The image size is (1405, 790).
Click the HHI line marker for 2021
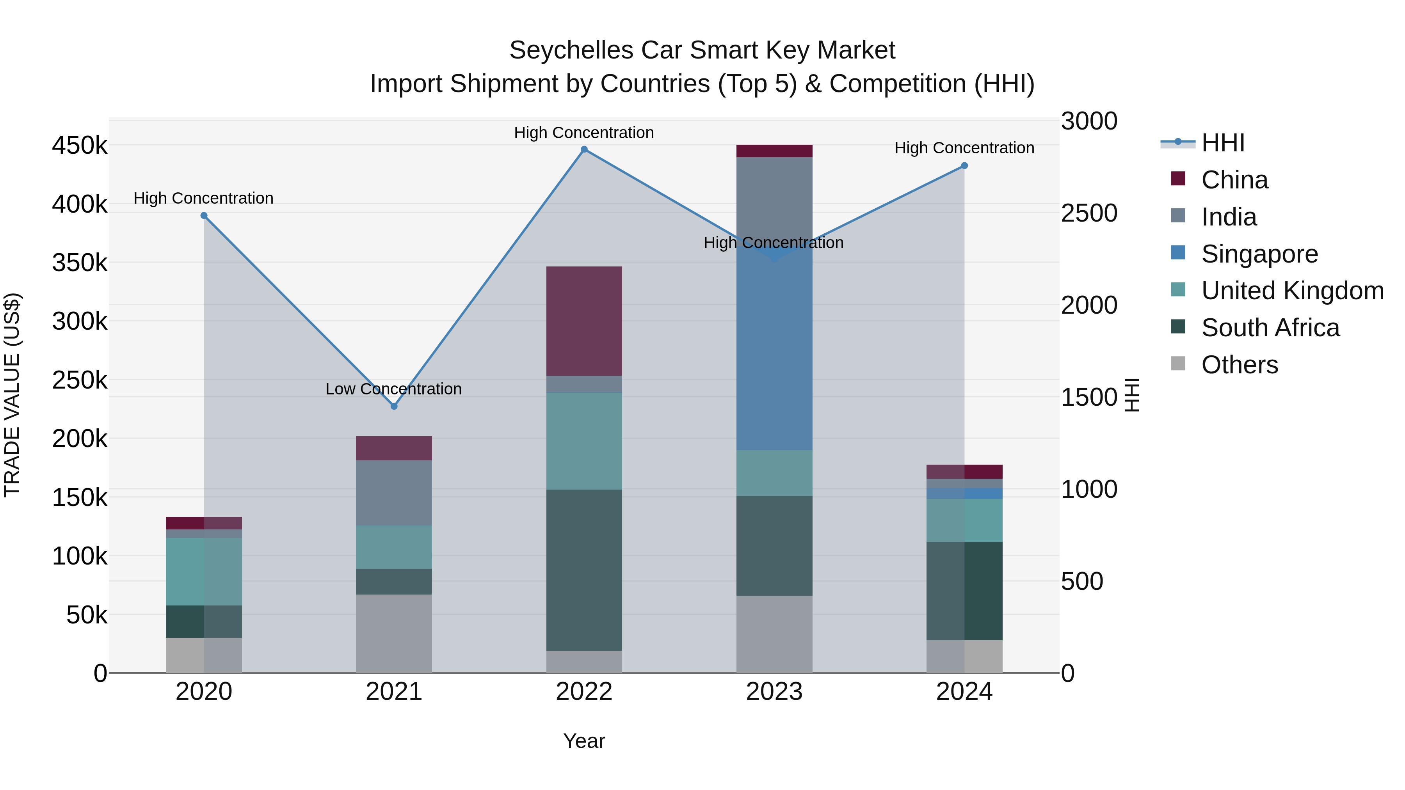394,406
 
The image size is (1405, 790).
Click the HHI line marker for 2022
584,149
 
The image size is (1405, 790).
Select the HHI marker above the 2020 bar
204,216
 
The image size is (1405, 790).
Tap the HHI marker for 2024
964,166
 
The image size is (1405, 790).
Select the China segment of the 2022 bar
584,321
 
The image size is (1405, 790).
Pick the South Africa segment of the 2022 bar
584,570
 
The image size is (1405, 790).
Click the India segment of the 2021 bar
394,493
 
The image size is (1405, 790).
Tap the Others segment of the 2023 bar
774,634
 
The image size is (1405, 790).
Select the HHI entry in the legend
1222,143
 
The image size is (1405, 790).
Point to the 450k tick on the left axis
80,146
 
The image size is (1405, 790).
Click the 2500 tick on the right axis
1088,213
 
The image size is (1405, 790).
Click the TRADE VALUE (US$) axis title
12,395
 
